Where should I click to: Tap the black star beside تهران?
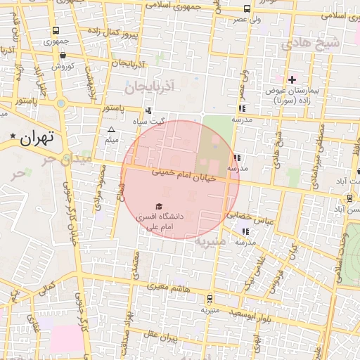pyautogui.click(x=13, y=134)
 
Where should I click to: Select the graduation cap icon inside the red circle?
pyautogui.click(x=158, y=206)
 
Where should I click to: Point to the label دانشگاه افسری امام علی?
pyautogui.click(x=162, y=222)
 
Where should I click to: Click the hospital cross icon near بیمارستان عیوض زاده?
pyautogui.click(x=292, y=79)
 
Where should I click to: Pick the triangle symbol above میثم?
pyautogui.click(x=111, y=130)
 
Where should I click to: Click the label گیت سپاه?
pyautogui.click(x=172, y=121)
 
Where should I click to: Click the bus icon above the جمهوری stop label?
pyautogui.click(x=55, y=30)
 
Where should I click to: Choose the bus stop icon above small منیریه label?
pyautogui.click(x=209, y=298)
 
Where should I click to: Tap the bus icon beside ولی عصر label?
pyautogui.click(x=246, y=8)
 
